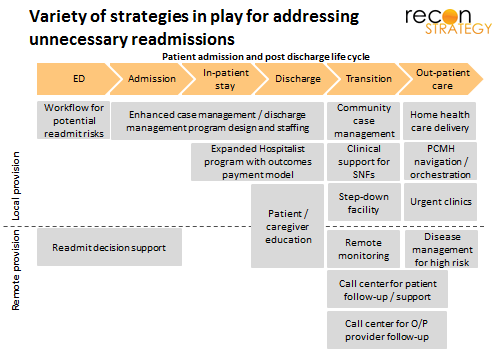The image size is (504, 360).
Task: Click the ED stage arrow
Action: point(78,79)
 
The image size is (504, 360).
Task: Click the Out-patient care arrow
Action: point(441,79)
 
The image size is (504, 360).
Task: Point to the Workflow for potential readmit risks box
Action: point(73,120)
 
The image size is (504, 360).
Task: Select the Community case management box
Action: point(364,121)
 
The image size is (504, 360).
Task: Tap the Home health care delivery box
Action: point(440,121)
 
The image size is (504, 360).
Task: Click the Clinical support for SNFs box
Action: point(364,162)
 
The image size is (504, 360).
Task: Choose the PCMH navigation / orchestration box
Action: point(440,161)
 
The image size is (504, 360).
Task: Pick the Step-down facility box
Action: point(364,202)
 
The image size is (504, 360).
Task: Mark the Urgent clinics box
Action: point(440,202)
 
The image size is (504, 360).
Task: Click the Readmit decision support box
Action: point(109,247)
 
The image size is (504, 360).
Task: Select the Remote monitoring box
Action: point(364,249)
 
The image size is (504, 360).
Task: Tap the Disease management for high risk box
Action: point(442,249)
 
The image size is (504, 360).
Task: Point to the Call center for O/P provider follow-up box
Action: point(387,330)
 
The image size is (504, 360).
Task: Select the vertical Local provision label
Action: point(16,186)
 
